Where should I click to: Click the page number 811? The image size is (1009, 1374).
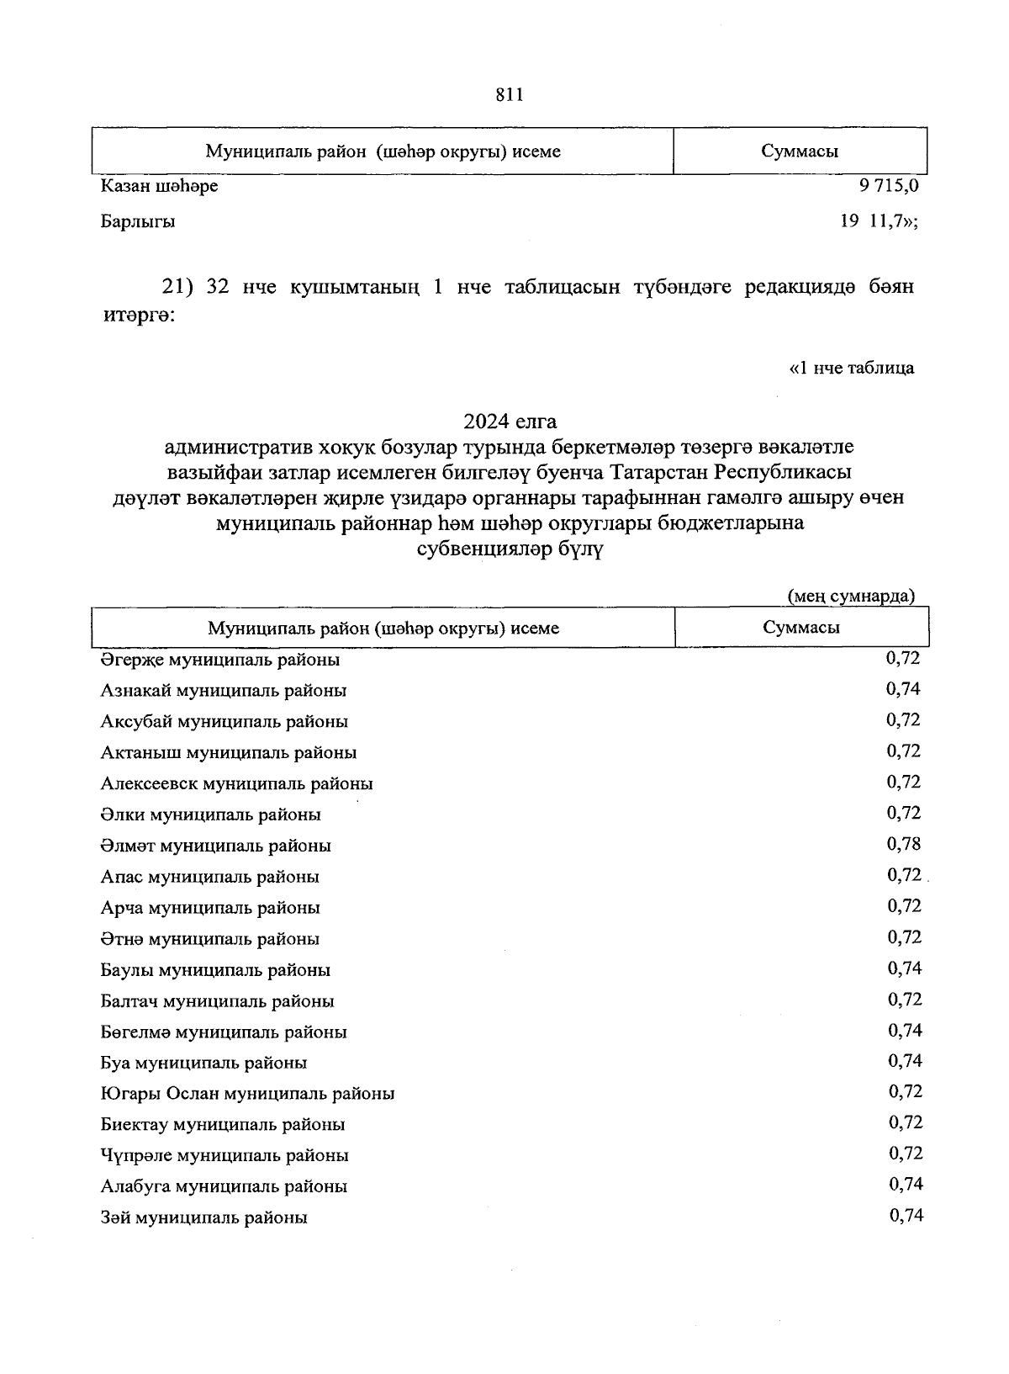click(x=510, y=95)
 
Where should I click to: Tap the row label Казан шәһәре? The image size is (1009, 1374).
click(x=159, y=186)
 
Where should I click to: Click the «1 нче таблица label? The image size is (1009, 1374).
click(x=852, y=368)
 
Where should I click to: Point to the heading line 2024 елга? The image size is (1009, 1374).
click(x=510, y=420)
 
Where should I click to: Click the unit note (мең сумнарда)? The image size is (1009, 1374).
click(x=850, y=596)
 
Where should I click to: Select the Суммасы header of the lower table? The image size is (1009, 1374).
click(x=801, y=627)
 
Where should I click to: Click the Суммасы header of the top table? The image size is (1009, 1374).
click(x=800, y=151)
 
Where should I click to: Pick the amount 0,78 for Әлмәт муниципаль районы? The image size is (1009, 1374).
click(x=904, y=844)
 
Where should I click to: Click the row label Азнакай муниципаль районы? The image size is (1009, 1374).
click(x=224, y=691)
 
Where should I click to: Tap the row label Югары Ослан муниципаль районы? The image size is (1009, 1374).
click(x=247, y=1094)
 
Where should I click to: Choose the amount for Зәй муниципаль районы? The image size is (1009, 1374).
click(x=906, y=1215)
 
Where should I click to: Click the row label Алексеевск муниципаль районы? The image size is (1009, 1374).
click(x=236, y=784)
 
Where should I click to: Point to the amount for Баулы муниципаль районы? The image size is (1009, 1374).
click(x=905, y=968)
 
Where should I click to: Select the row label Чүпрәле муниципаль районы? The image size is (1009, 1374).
click(x=225, y=1156)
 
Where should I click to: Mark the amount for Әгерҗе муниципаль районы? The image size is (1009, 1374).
click(x=903, y=658)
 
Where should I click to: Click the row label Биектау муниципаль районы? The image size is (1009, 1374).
click(x=223, y=1125)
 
